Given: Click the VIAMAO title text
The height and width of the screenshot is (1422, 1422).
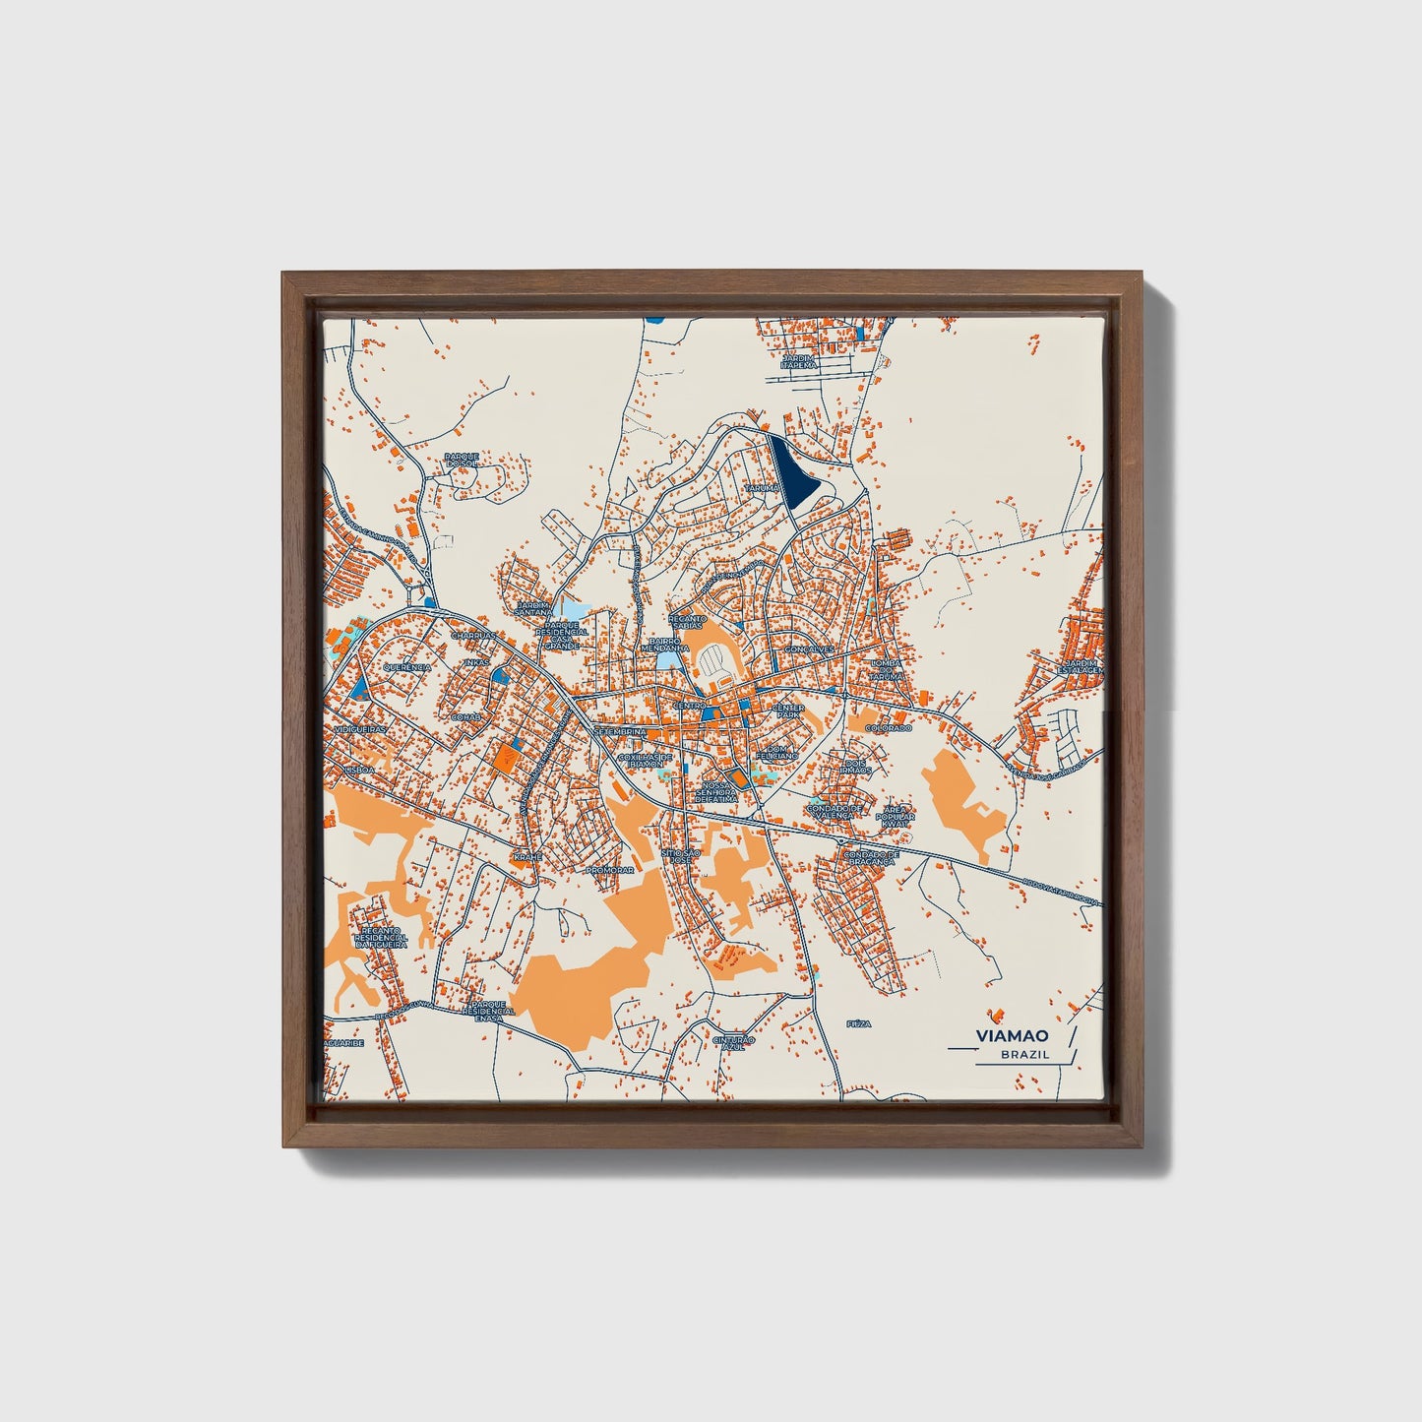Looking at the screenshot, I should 1012,1035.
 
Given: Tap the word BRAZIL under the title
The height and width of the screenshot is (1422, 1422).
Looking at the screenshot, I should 1024,1054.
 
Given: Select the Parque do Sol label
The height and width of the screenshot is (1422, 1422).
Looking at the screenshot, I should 461,460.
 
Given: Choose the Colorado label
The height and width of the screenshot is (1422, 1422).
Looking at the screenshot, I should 889,728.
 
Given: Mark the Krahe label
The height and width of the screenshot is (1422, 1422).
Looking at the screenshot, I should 527,857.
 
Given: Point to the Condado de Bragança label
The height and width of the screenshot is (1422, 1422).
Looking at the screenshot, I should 872,858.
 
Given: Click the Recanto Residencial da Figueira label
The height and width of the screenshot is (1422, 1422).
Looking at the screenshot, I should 383,936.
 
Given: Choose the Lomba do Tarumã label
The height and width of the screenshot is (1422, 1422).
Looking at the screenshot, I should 886,671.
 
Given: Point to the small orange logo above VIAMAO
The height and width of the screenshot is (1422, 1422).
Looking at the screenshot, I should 999,1013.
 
